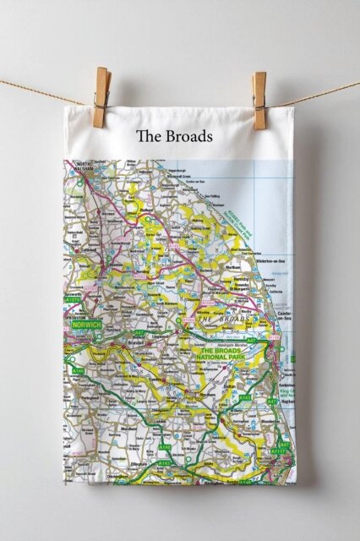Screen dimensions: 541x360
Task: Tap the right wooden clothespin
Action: click(259, 100)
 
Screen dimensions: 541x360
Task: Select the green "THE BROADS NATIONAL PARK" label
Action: click(219, 355)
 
